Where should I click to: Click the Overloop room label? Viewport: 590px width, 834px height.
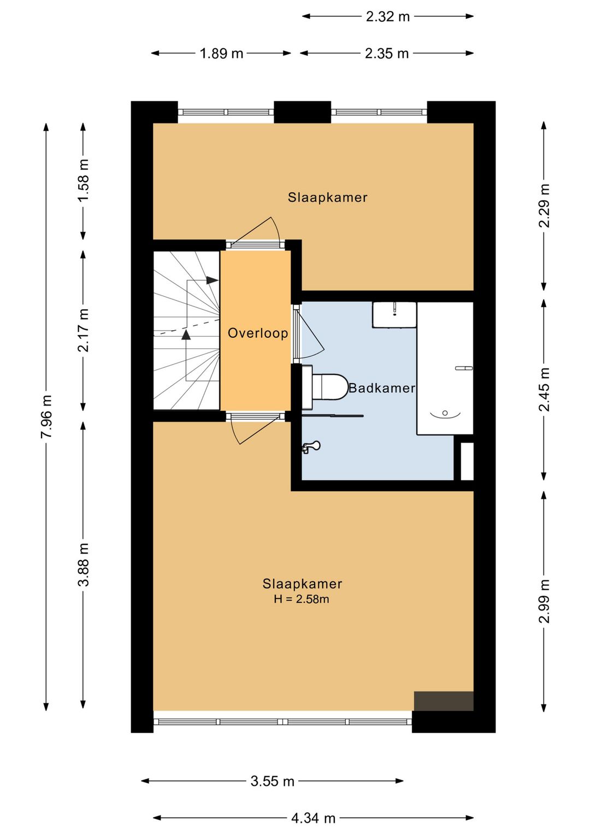pos(258,333)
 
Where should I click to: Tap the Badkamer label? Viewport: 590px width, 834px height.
pos(381,389)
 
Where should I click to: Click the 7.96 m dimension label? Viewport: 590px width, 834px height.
pos(46,416)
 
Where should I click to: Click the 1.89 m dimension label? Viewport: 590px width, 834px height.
pos(221,54)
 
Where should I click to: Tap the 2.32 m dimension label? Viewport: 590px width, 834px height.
pos(387,16)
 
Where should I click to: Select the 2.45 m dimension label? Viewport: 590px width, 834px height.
pos(544,389)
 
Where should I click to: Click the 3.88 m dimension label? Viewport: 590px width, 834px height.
pos(84,565)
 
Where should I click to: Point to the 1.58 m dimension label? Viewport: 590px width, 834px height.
pos(84,180)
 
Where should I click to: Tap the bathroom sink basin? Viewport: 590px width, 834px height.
pos(394,315)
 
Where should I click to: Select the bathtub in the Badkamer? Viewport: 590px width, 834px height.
pos(445,368)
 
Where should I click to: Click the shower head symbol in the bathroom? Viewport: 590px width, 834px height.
pos(312,446)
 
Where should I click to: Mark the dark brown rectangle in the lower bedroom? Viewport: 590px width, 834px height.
pos(444,701)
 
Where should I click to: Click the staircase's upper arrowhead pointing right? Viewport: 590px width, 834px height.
pos(213,280)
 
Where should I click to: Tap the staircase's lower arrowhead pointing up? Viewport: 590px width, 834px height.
pos(186,334)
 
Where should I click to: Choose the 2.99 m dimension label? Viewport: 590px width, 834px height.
pos(544,601)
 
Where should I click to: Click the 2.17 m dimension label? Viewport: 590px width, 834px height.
pos(84,330)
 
